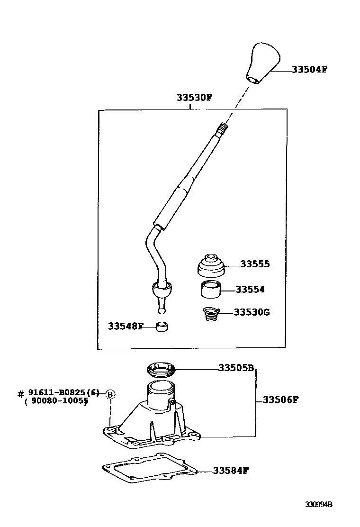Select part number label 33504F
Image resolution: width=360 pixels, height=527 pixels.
(x=309, y=69)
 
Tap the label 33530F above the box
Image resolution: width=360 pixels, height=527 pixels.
(x=194, y=98)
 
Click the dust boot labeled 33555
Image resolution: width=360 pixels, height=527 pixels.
(x=211, y=266)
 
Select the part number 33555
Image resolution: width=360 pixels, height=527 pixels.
(x=255, y=264)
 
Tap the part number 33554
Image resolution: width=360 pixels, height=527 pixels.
(x=250, y=290)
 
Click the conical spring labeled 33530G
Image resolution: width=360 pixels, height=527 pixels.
(x=211, y=314)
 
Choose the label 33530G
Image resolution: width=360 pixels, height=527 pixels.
(x=252, y=313)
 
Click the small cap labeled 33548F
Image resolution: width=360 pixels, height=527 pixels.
(x=162, y=327)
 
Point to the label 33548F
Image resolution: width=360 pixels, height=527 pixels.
(x=125, y=326)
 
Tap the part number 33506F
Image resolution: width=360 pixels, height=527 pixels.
(x=280, y=400)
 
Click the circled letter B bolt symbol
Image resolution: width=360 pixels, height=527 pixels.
(x=110, y=394)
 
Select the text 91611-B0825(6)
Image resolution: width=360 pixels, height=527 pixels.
(x=64, y=393)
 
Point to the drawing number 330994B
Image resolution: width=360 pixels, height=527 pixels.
(x=318, y=505)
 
